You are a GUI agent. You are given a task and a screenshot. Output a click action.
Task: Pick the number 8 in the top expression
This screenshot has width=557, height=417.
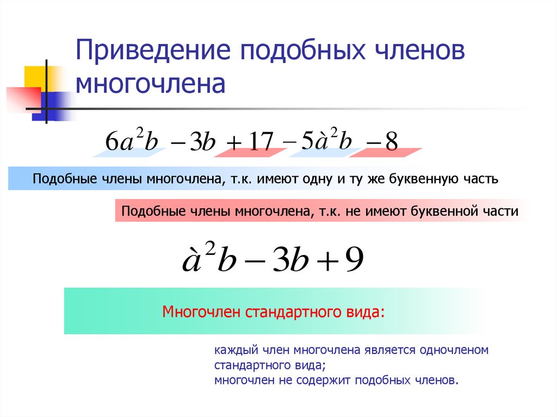tap(391, 142)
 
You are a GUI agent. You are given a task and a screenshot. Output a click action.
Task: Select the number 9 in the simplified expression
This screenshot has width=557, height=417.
tap(353, 261)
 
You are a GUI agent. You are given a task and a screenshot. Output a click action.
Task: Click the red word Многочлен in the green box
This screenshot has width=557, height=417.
tap(202, 313)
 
